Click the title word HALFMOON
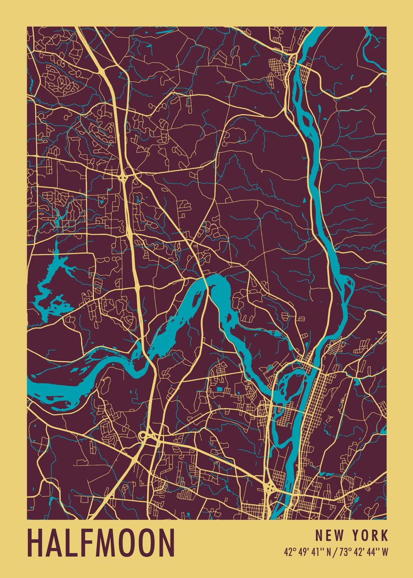point(101,543)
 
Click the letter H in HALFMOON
point(36,543)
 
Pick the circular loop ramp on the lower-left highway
point(143,436)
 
